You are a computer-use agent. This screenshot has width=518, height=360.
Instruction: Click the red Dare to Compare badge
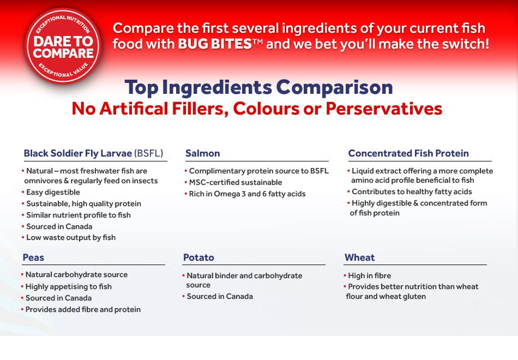click(63, 47)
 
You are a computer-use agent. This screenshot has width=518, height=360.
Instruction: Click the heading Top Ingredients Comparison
click(258, 87)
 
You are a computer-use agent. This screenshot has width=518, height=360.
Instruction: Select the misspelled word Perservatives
click(384, 109)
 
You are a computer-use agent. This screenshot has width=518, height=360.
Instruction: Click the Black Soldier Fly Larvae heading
click(93, 153)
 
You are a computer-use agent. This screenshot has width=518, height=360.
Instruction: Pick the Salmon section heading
click(202, 153)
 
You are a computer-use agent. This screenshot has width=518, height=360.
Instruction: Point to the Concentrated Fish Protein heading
click(408, 153)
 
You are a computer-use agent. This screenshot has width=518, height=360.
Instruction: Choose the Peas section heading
click(33, 257)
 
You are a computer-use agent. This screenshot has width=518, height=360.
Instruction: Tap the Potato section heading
click(198, 257)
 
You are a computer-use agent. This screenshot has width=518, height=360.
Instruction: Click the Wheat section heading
click(359, 257)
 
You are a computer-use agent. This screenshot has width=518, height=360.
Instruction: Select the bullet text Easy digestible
click(53, 192)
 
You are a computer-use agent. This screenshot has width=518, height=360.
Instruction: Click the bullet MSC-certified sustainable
click(236, 182)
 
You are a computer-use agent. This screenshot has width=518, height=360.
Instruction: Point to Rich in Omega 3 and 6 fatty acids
click(247, 194)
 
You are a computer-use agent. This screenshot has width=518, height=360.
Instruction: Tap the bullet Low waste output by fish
click(71, 237)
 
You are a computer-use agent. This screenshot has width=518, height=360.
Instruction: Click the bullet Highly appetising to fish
click(68, 286)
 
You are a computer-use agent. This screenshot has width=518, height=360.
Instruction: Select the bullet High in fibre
click(369, 275)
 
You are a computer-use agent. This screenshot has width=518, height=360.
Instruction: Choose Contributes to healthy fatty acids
click(412, 191)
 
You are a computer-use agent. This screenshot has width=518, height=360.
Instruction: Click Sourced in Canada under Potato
click(220, 296)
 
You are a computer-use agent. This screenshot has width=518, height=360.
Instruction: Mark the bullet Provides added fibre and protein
click(83, 309)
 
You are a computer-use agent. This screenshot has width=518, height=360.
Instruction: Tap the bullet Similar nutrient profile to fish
click(79, 215)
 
